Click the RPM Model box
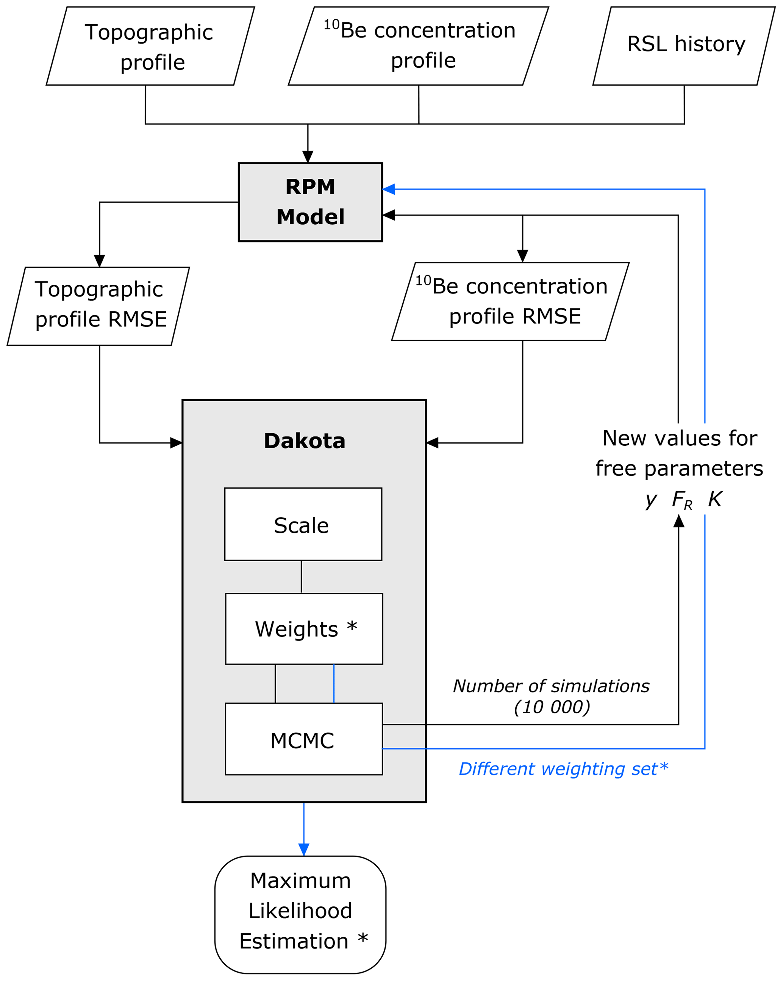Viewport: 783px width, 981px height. pos(310,202)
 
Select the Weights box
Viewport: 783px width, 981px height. pos(304,629)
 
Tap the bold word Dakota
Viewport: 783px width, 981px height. pos(304,441)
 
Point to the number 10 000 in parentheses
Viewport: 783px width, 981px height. pos(552,707)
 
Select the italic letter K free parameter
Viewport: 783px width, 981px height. pos(715,499)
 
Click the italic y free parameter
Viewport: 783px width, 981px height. pos(650,500)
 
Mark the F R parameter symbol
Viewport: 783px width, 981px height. pos(681,500)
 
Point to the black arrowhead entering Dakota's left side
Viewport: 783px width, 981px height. pos(176,443)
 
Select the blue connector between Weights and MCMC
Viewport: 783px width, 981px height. pos(334,684)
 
